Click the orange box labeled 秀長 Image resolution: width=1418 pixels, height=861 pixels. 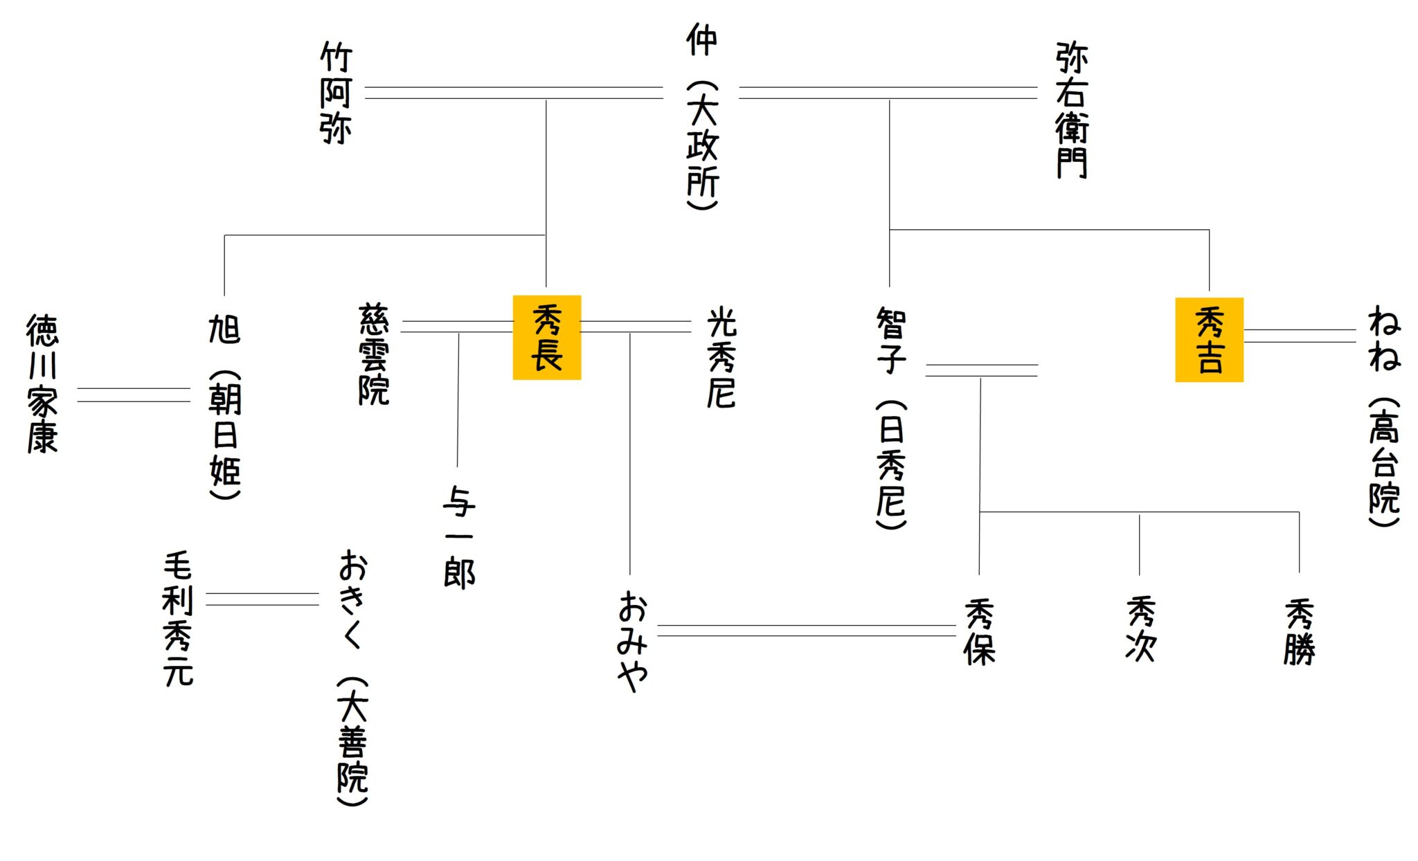[546, 337]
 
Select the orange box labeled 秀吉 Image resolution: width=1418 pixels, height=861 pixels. [1209, 339]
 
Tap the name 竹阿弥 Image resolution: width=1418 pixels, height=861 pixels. [336, 93]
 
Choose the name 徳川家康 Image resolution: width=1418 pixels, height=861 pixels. [42, 383]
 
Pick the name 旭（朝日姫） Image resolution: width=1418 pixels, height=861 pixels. [225, 406]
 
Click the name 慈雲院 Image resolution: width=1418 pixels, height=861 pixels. [374, 354]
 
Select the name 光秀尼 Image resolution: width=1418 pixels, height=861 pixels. [721, 357]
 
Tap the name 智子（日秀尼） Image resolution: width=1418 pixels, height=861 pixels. [891, 418]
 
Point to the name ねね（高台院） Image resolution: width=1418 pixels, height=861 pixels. [1384, 415]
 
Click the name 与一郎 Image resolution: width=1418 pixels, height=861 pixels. [459, 537]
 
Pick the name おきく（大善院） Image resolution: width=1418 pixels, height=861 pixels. [352, 678]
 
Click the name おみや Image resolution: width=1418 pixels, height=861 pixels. [633, 641]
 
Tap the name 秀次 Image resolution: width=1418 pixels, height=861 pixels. [1140, 628]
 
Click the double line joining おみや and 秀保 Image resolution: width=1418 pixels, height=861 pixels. [806, 631]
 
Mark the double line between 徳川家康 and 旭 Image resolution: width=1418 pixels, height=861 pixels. [134, 395]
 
